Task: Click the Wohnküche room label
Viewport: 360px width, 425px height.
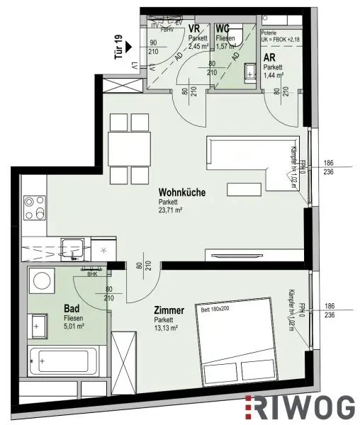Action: tap(183, 191)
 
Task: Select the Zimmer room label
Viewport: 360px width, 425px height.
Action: tap(169, 310)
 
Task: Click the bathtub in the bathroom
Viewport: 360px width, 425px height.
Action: tap(62, 361)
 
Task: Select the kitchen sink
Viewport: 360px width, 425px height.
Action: tap(72, 249)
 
